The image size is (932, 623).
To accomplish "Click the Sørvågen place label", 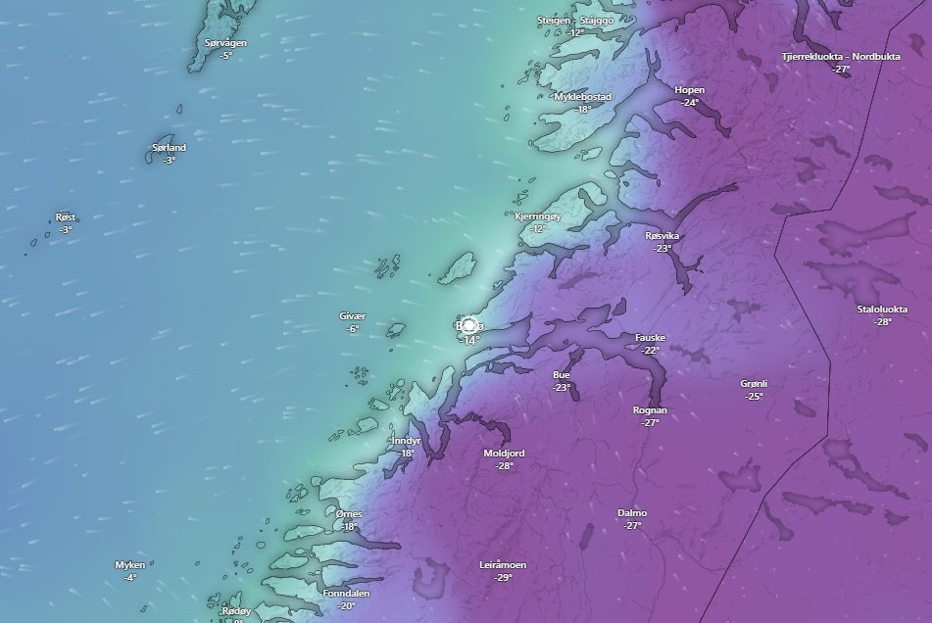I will coord(226,43).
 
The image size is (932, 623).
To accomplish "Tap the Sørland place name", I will coord(169,148).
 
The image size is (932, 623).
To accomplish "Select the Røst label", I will coord(66,217).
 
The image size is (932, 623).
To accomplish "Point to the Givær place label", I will coord(352,316).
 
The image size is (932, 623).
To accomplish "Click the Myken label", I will coord(130,565).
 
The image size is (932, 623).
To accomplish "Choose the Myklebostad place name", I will coord(583,97).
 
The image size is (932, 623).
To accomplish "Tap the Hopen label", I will coord(690,90).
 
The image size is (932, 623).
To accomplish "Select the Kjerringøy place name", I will coord(538,216).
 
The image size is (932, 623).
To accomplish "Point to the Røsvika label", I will coord(662,236).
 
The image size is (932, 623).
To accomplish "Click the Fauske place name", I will coord(651,338).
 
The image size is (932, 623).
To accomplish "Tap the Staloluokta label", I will coord(882,310).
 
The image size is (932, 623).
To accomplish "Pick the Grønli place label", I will coord(754,384).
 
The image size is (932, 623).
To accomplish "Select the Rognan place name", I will coord(650,410).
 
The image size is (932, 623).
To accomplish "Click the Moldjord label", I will coord(505,454).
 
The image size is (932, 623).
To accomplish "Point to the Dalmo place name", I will coord(632,513).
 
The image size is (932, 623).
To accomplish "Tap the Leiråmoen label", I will coord(503,565).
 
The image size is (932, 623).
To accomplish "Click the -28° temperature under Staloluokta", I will coord(882,322).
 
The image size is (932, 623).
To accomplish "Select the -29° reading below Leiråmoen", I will coord(503,578).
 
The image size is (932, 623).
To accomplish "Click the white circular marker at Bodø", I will coord(469,326).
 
